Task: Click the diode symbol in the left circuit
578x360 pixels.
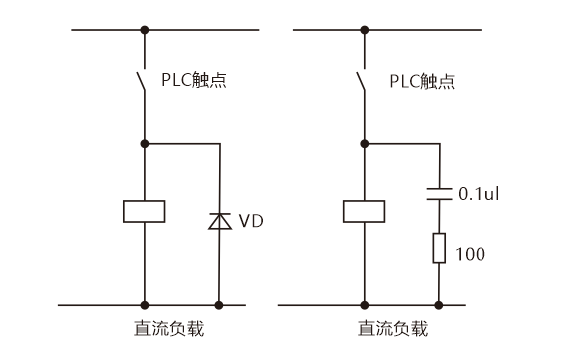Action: click(x=219, y=220)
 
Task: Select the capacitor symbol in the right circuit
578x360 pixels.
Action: click(x=439, y=192)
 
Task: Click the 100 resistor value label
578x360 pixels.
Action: click(x=472, y=254)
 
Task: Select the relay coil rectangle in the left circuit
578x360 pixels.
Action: click(x=145, y=211)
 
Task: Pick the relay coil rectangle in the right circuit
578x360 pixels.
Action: click(x=365, y=211)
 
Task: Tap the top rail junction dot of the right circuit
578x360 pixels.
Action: click(x=365, y=30)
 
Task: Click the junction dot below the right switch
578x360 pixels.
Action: click(x=365, y=144)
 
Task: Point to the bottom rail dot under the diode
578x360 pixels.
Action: click(x=219, y=304)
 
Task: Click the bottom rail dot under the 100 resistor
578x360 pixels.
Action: click(x=439, y=304)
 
